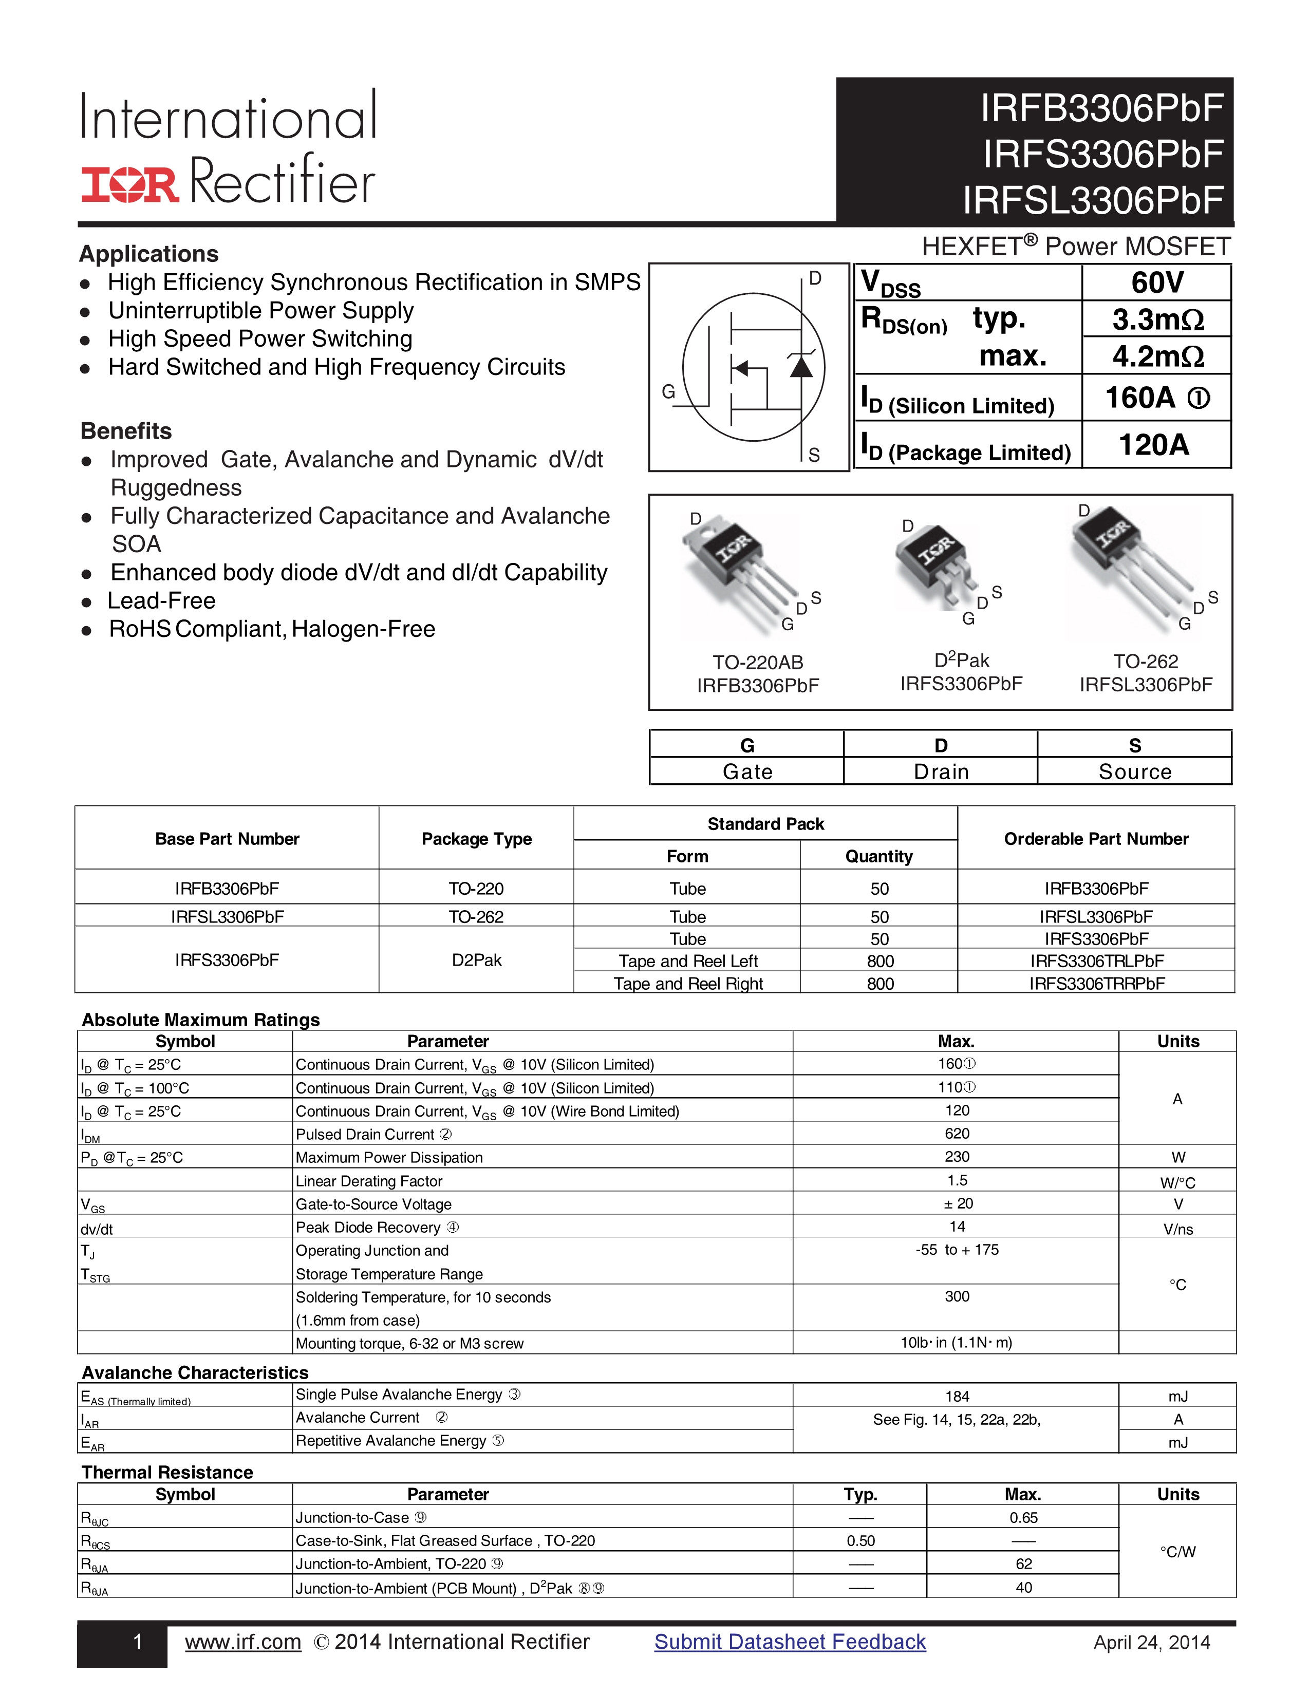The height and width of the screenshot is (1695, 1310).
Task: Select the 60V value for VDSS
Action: pos(1156,282)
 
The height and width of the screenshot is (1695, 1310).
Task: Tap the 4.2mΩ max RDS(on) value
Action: pos(1157,356)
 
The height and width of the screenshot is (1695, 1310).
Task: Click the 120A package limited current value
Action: pos(1154,445)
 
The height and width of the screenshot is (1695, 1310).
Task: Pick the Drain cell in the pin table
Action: pos(941,771)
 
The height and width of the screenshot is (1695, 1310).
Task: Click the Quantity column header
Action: pos(878,856)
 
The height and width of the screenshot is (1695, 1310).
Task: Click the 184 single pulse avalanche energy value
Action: pos(957,1396)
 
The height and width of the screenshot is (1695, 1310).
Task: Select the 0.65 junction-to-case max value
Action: pos(1023,1517)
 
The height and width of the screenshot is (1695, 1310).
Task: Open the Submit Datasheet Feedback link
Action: pos(789,1642)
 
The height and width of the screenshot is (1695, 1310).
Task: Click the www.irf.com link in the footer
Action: pos(243,1642)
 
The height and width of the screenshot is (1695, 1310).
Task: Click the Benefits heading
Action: pos(126,431)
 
